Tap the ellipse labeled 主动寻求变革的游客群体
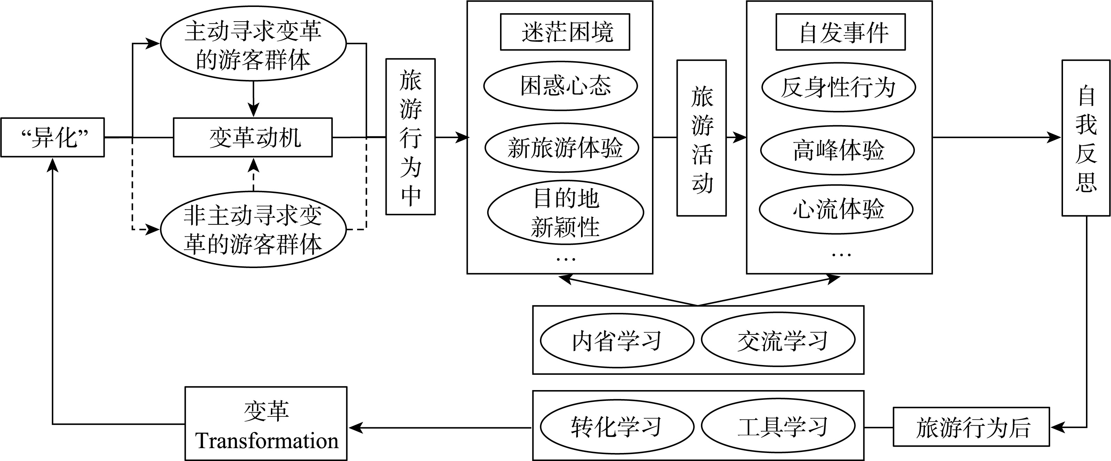253,43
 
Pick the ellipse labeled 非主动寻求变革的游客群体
253,229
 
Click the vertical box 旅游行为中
410,137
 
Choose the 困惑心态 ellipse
561,86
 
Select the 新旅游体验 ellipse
562,147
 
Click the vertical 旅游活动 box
702,138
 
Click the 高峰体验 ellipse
837,150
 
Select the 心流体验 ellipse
836,210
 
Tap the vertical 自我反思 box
1086,138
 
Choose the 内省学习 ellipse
617,341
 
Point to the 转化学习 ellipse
617,427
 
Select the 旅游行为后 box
971,427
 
